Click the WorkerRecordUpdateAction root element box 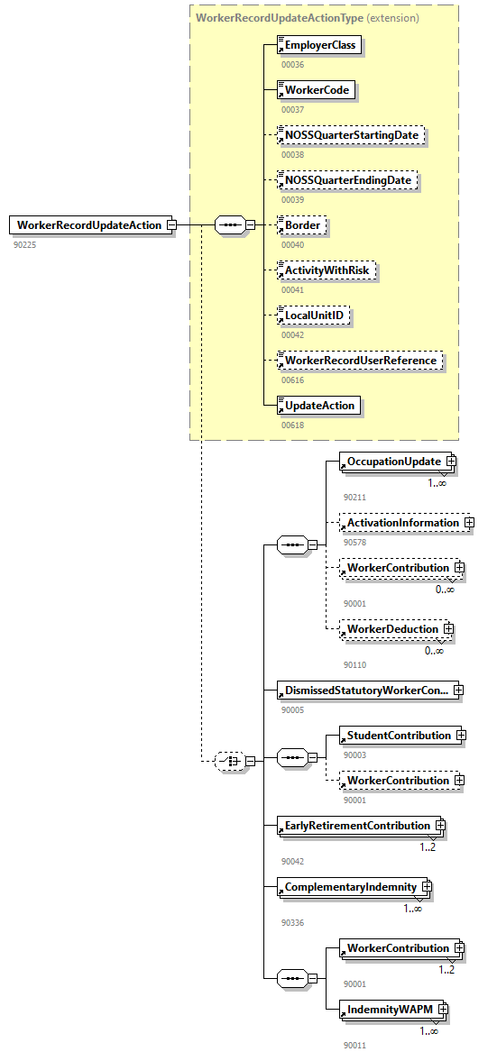click(88, 225)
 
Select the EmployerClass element click(321, 45)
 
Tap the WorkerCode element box click(316, 90)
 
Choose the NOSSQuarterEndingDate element click(348, 180)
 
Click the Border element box click(302, 225)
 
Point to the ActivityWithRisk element click(327, 270)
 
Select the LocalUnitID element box click(314, 316)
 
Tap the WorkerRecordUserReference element click(361, 361)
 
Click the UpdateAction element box click(320, 406)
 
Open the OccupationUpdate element click(394, 462)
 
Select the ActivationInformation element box click(403, 523)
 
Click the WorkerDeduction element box click(392, 629)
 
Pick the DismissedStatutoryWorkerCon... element click(366, 691)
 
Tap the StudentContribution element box click(399, 736)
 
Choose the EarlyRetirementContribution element click(357, 826)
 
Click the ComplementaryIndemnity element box click(351, 888)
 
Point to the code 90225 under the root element click(25, 244)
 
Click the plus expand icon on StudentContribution click(461, 736)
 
